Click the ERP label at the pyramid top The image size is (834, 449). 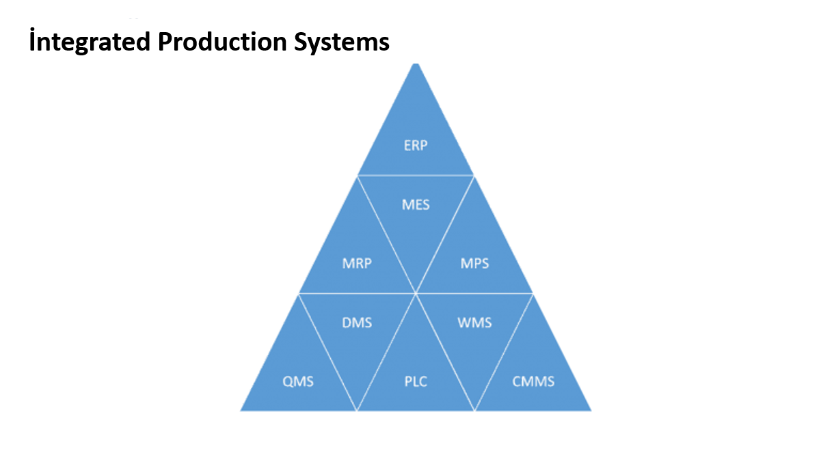tap(416, 145)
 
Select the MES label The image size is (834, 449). tap(416, 204)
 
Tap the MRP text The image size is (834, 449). tap(357, 263)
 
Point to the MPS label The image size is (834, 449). tap(474, 263)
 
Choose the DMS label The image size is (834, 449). tap(357, 323)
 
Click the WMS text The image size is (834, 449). tap(474, 323)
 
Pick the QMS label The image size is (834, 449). tap(298, 381)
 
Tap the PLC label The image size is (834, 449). tap(416, 381)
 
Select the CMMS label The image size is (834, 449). tap(533, 381)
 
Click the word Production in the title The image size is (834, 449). tap(222, 41)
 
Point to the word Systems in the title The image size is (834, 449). tap(341, 43)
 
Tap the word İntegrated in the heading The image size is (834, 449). tap(90, 41)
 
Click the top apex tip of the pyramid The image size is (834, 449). tap(416, 64)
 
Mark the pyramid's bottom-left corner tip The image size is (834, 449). tap(241, 411)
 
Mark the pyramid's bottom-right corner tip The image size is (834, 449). tap(591, 411)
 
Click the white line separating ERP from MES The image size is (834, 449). tap(416, 176)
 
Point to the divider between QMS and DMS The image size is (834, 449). tap(327, 352)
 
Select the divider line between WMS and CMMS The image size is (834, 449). tap(504, 352)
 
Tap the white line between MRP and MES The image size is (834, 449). tap(386, 234)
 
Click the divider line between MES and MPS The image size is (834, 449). tap(445, 234)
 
